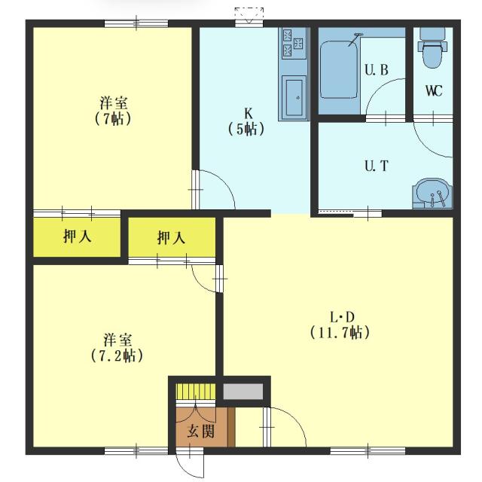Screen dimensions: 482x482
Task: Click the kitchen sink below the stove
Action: coord(294,96)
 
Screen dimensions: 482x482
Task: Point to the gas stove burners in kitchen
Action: coord(292,42)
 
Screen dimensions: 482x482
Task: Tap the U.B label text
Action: coord(376,71)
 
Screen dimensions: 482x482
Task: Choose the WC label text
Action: coord(433,91)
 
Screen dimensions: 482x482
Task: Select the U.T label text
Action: coord(376,166)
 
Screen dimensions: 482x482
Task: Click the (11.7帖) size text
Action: coord(339,331)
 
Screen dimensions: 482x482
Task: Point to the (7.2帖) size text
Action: coord(117,355)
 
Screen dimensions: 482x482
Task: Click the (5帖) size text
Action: coord(246,129)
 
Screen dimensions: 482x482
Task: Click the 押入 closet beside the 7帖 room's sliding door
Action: coord(77,237)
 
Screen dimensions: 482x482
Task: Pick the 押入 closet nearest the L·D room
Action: coord(172,238)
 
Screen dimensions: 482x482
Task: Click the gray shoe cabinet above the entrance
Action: coord(243,392)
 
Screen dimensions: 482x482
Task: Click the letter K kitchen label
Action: coord(246,113)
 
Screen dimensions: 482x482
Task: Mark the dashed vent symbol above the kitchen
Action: coord(249,13)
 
